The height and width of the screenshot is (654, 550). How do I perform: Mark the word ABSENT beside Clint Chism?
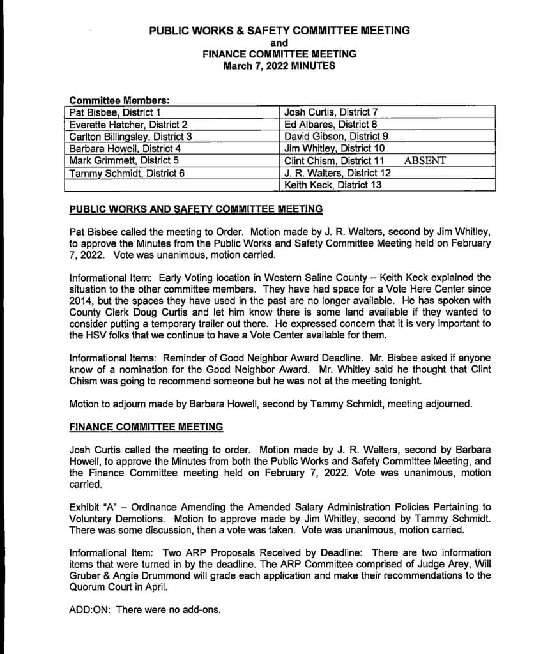(425, 161)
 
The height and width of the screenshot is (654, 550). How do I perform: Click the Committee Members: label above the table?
(119, 101)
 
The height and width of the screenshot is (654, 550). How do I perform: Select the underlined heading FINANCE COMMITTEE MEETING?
(146, 427)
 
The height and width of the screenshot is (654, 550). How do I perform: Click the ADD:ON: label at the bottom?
(90, 610)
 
